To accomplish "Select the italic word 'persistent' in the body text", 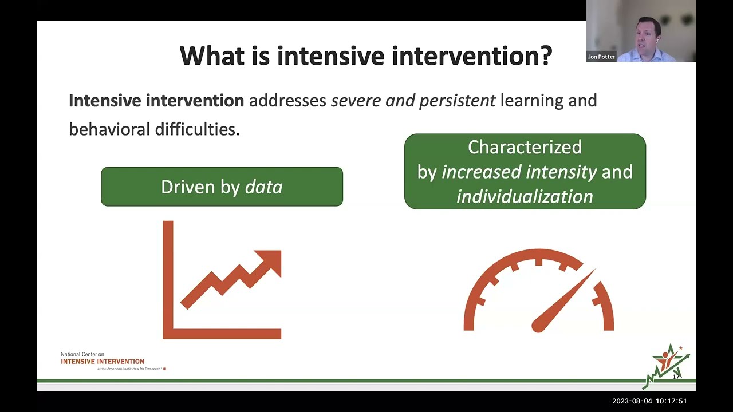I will (x=457, y=101).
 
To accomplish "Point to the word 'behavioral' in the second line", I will (x=109, y=129).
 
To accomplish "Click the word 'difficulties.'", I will (x=197, y=129).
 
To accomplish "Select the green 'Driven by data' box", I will (x=222, y=187).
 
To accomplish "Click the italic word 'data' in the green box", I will (x=263, y=187).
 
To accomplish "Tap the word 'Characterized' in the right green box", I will (x=525, y=147).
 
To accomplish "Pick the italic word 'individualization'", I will (x=525, y=196).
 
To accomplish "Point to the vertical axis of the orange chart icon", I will (x=168, y=275).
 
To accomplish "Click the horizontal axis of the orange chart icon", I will (x=223, y=334).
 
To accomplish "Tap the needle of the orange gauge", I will (x=564, y=301).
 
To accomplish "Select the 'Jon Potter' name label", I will (x=601, y=57).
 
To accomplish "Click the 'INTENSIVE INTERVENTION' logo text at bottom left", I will (x=103, y=361).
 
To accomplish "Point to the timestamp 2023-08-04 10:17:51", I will (x=649, y=401).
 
